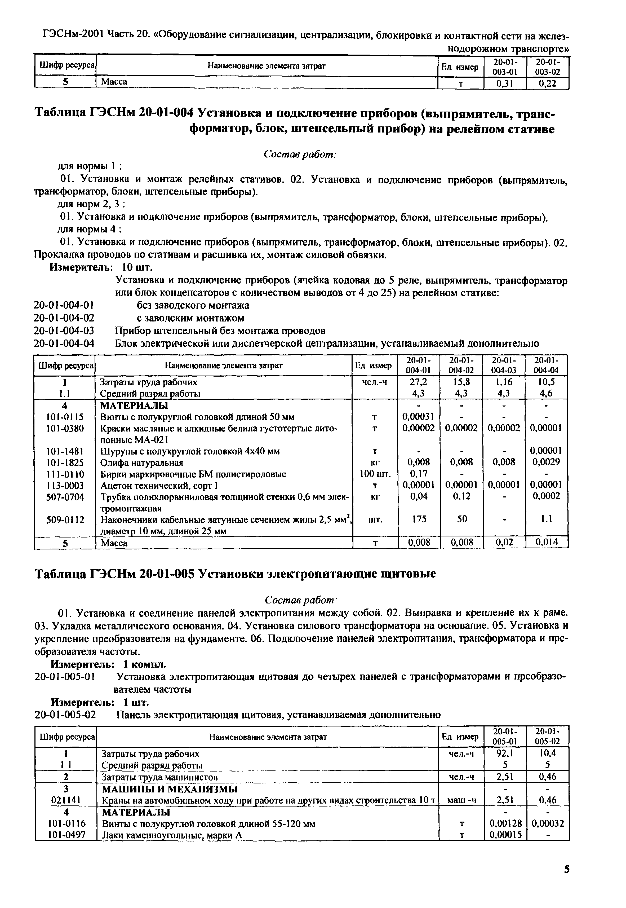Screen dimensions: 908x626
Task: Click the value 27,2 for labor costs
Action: coord(418,382)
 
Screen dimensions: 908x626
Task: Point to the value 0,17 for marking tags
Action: coord(418,474)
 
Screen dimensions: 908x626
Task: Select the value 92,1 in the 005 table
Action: coord(505,753)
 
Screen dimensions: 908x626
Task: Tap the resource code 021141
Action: coord(65,800)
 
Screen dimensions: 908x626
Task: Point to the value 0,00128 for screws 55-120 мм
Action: coord(505,823)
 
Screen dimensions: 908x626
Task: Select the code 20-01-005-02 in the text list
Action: coord(65,715)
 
